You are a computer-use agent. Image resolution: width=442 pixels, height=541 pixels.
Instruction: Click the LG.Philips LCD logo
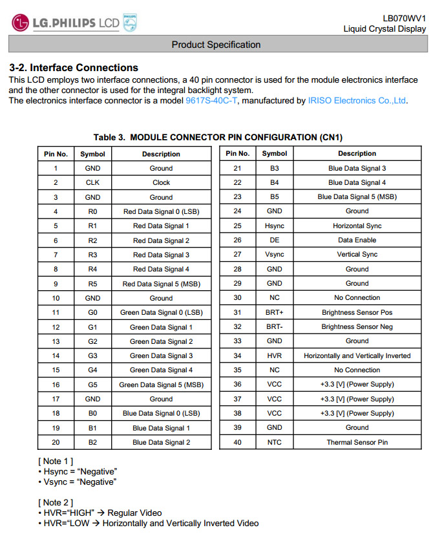(x=75, y=23)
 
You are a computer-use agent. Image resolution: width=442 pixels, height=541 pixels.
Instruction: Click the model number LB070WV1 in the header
(x=404, y=18)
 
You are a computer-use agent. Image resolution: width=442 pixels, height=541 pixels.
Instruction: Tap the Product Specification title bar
(x=216, y=45)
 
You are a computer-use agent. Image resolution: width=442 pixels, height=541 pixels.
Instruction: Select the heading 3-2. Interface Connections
(x=74, y=67)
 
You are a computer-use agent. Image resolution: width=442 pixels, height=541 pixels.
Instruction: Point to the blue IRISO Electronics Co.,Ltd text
(x=357, y=101)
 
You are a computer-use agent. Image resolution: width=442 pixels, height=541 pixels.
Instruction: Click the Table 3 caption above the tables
(x=218, y=137)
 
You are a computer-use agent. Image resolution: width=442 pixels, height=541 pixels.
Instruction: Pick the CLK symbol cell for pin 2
(x=92, y=182)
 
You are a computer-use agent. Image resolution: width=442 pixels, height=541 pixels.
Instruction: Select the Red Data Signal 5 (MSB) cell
(x=161, y=284)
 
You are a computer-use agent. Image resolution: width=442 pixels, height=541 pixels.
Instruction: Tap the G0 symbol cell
(x=92, y=313)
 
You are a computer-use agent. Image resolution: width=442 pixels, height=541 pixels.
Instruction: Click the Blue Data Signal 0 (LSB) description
(x=161, y=414)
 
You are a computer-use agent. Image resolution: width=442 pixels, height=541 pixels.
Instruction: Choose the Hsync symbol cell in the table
(x=275, y=226)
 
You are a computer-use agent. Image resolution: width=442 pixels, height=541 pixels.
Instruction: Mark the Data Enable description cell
(x=357, y=240)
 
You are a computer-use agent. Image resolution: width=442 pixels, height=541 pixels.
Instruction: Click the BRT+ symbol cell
(x=275, y=313)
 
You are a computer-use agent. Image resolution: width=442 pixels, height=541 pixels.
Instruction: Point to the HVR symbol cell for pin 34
(x=275, y=355)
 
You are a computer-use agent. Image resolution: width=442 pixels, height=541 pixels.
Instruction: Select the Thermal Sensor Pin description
(x=357, y=443)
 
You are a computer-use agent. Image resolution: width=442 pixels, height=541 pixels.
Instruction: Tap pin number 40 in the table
(x=237, y=443)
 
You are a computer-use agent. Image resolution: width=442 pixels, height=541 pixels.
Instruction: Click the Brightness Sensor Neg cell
(x=357, y=327)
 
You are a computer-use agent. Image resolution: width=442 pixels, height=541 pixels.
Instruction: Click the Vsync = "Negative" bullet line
(x=80, y=482)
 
